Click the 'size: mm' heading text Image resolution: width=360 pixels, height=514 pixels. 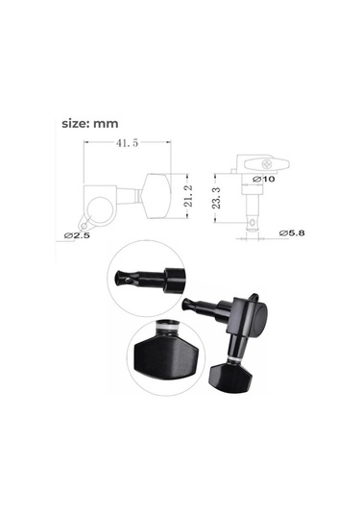89,124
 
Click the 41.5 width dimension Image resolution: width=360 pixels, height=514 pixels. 127,143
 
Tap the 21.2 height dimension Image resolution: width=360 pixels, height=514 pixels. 188,196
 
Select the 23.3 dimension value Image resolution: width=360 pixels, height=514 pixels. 216,198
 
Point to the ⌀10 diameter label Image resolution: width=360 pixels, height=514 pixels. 264,179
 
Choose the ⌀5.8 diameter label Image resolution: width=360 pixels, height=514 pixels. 292,233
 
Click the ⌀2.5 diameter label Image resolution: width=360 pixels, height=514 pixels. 77,235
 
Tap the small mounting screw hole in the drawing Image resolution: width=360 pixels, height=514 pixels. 84,226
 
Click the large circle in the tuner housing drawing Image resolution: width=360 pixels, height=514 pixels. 101,210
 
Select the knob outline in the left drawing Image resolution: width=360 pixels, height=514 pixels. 157,196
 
